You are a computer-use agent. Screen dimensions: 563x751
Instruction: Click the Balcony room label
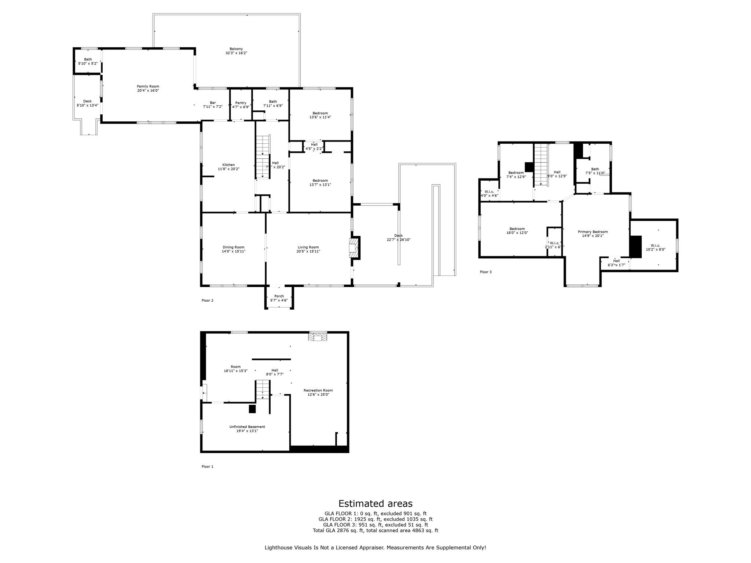(236, 49)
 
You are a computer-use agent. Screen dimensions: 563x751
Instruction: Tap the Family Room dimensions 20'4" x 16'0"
(148, 91)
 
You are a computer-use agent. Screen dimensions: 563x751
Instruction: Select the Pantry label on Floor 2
(241, 103)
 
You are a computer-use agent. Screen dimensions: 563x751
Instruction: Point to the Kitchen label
(228, 165)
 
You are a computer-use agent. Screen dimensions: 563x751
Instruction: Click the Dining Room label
(233, 247)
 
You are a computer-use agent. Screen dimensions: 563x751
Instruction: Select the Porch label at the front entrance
(279, 296)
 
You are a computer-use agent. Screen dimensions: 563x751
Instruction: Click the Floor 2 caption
(207, 301)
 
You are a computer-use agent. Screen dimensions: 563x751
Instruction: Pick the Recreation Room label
(318, 390)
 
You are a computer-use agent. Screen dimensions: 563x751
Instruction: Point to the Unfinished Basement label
(247, 427)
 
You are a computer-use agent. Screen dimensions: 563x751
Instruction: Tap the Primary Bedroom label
(593, 232)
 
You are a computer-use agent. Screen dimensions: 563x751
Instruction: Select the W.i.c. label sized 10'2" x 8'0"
(655, 245)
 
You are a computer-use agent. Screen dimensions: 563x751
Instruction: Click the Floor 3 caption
(486, 272)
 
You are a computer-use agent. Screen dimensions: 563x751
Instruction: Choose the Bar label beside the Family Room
(213, 103)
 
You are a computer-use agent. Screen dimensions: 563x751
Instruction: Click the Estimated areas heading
(375, 503)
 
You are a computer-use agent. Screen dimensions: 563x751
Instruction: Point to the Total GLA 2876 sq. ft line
(375, 530)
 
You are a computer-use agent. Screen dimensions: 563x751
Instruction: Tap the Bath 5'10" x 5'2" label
(88, 59)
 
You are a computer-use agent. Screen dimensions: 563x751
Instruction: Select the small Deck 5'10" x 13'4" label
(87, 101)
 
